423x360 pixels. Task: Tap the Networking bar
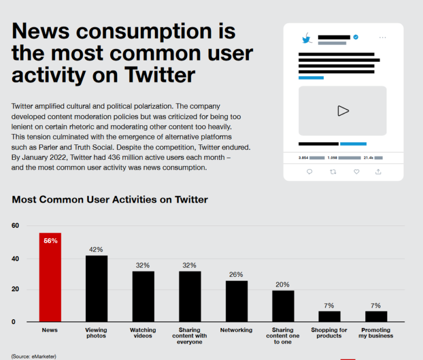(x=236, y=301)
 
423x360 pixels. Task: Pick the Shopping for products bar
(x=329, y=316)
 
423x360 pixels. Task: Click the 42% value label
(x=96, y=250)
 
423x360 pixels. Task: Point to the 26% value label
(x=236, y=275)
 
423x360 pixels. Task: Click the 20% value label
(x=283, y=284)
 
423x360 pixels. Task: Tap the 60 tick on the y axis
(x=15, y=225)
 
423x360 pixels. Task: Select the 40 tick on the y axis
(x=15, y=259)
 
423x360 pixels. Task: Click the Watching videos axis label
(x=143, y=333)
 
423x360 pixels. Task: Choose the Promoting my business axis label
(x=376, y=333)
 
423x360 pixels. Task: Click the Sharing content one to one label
(x=283, y=336)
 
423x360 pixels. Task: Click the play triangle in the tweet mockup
(x=343, y=111)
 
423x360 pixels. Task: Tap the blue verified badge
(x=356, y=37)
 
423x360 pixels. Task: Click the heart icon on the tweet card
(x=356, y=171)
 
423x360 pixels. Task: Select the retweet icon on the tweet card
(x=332, y=171)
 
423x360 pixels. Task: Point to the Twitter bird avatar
(x=307, y=39)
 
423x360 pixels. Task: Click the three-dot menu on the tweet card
(x=383, y=37)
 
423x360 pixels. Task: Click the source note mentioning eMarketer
(x=34, y=356)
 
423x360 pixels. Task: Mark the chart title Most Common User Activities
(x=110, y=200)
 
